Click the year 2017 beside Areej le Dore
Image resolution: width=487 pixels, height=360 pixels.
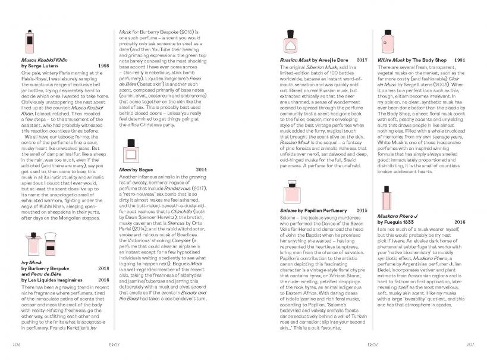tap(362, 61)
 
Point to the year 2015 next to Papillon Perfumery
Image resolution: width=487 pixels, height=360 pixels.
tap(362, 211)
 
